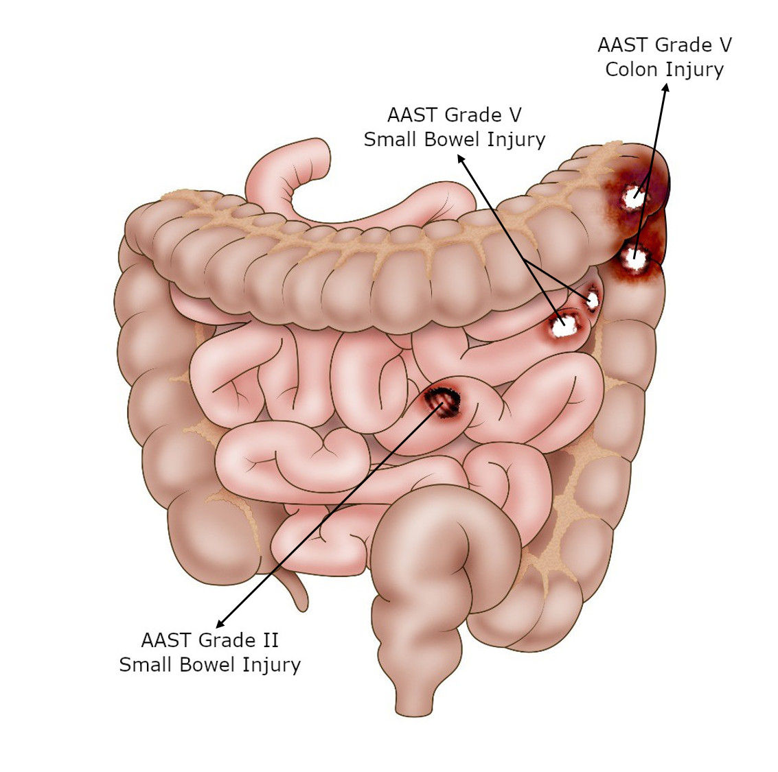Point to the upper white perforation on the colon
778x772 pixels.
634,198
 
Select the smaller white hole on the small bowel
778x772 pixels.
593,299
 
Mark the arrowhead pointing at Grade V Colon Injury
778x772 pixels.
666,87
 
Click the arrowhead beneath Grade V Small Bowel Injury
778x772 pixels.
461,158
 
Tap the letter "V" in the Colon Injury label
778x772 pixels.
725,45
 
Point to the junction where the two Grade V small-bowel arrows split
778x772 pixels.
525,260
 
